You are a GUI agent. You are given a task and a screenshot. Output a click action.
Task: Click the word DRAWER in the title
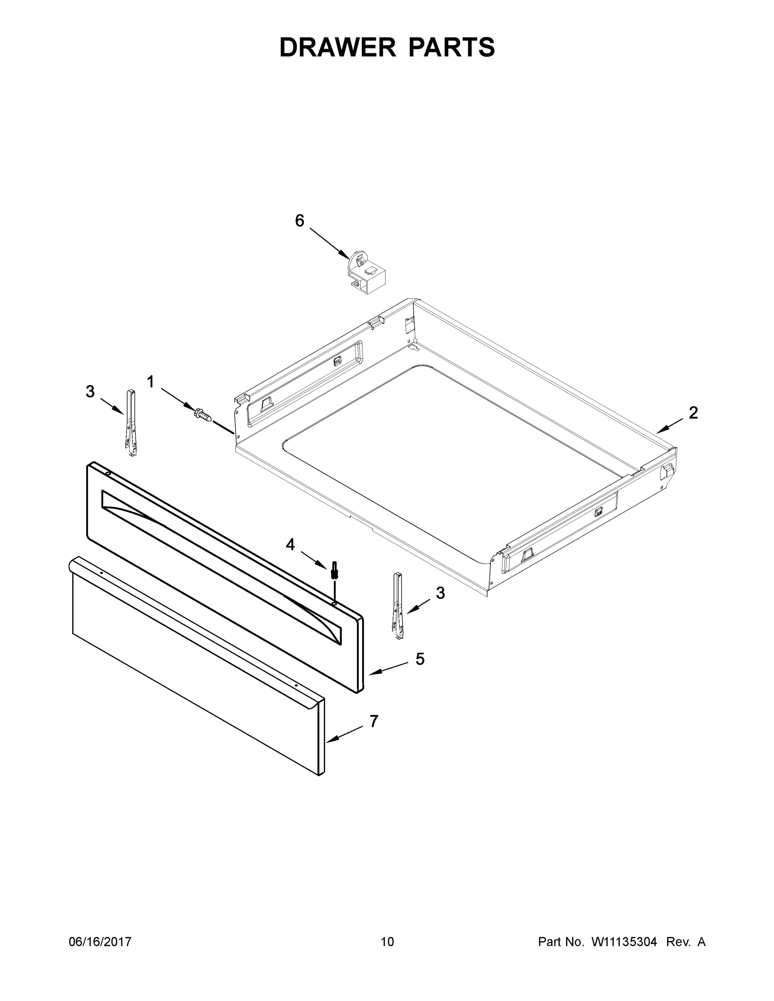coord(337,47)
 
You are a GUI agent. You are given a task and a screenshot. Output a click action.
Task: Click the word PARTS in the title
coord(451,47)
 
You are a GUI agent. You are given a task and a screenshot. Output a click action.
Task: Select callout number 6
coord(300,221)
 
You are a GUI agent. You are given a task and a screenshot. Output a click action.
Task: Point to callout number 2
coord(693,412)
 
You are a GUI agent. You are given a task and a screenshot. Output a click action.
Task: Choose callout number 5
coord(420,659)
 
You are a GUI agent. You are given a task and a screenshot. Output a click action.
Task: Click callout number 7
coord(374,721)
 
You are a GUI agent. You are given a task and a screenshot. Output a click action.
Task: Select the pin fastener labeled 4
coord(334,572)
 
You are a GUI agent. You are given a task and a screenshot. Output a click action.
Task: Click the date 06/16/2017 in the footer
coord(100,941)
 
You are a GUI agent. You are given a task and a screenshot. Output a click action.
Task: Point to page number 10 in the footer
coord(388,941)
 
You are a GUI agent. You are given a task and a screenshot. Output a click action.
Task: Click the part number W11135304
coord(625,941)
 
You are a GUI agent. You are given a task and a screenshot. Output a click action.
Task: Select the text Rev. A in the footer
coord(686,941)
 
